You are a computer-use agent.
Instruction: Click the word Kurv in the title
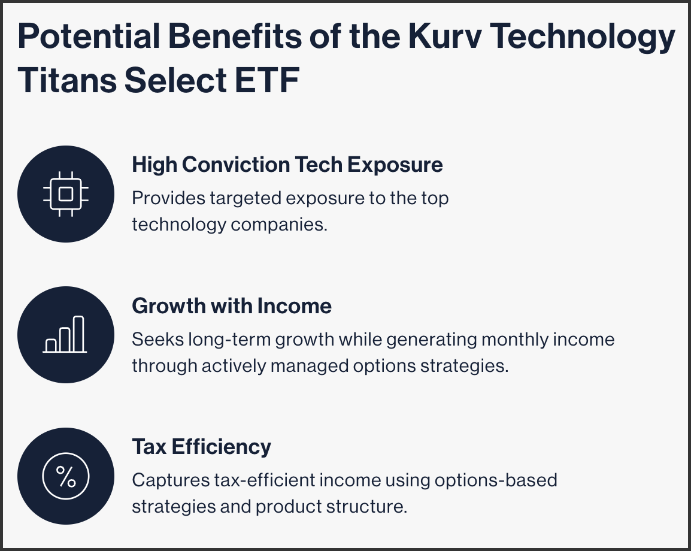click(x=444, y=36)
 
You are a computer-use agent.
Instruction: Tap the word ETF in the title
click(x=267, y=80)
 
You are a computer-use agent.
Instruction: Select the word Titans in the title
click(x=67, y=80)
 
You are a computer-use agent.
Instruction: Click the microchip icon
click(x=66, y=194)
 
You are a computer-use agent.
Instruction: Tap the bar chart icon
click(x=65, y=335)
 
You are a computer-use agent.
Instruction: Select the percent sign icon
click(x=66, y=476)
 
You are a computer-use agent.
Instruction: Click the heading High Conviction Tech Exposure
click(x=287, y=165)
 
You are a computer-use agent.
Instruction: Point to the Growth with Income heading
click(x=232, y=306)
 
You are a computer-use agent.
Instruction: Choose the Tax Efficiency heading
click(x=201, y=447)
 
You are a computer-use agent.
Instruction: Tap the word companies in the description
click(x=279, y=225)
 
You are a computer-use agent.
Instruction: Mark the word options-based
click(x=496, y=480)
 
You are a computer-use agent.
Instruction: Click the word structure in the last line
click(x=366, y=507)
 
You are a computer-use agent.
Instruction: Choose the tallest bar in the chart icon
click(x=78, y=334)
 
